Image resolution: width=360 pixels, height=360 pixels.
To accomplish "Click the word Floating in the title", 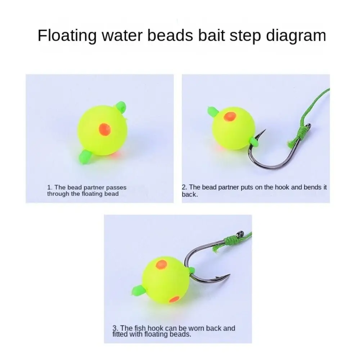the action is tap(67, 36).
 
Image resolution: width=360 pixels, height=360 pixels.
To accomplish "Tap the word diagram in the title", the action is tap(296, 36).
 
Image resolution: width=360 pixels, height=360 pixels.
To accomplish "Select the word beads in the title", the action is tap(170, 35).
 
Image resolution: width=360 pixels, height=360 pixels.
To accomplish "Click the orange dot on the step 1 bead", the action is tap(105, 129).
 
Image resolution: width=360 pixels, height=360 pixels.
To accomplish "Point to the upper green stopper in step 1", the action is tap(121, 107).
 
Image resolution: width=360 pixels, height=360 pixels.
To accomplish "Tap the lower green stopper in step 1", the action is tap(85, 157).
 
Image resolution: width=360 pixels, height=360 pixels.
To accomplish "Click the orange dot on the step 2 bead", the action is tap(230, 116).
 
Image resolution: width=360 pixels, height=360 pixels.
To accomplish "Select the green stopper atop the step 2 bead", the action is tap(213, 112).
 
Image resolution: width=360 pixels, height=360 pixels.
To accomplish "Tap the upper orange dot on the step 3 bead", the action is tap(161, 265).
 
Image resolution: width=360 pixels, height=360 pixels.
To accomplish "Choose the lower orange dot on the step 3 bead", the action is tap(174, 299).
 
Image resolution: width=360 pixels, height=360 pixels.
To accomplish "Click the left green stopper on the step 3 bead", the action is tap(139, 290).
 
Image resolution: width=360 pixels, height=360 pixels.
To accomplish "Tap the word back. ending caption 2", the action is tap(190, 194).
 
